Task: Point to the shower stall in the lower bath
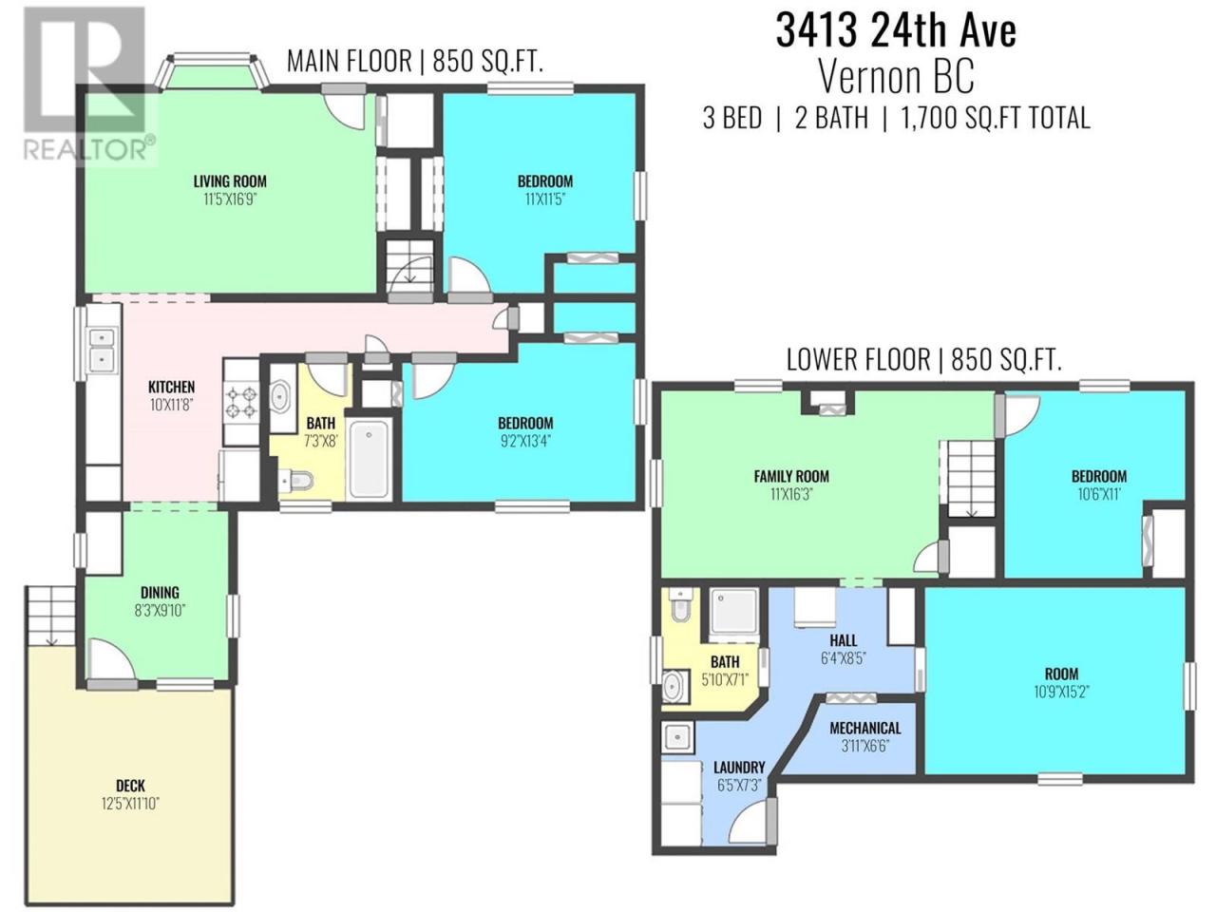[734, 615]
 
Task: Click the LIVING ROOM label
[230, 181]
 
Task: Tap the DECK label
[131, 786]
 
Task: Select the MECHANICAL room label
[864, 728]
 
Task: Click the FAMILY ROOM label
[791, 476]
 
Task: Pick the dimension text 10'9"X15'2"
[1061, 692]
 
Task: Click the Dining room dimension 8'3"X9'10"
[161, 611]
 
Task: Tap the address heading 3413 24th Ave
[896, 31]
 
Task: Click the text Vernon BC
[896, 78]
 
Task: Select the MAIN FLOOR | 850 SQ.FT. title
[414, 61]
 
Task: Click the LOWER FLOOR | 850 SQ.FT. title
[924, 360]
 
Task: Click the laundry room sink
[677, 737]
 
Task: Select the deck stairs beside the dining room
[50, 615]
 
